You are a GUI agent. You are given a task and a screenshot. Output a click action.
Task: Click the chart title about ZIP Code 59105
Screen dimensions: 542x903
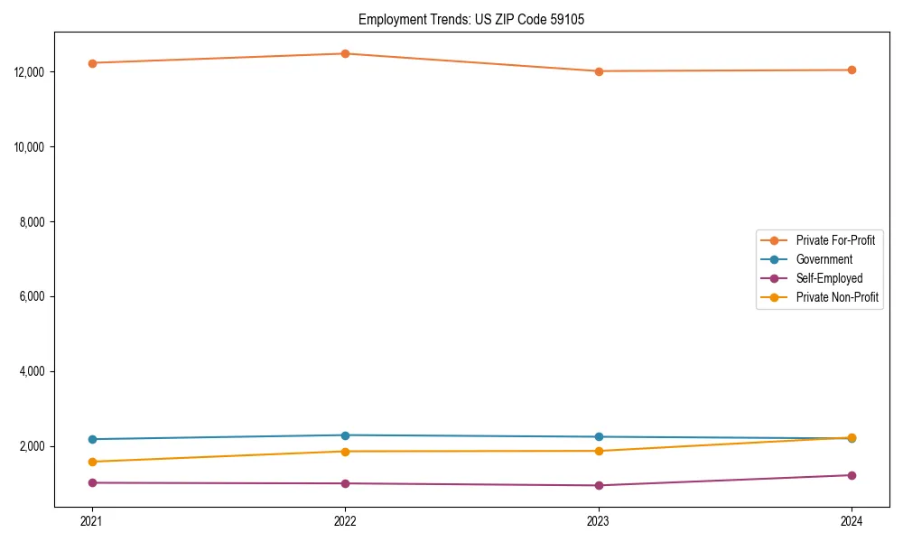[470, 19]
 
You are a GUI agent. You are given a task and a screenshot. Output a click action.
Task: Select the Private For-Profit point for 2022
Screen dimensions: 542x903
[345, 53]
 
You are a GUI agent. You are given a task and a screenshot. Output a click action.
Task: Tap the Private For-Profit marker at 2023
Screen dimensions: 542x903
[598, 71]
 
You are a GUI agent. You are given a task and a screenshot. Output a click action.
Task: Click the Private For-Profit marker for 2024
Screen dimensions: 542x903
[852, 70]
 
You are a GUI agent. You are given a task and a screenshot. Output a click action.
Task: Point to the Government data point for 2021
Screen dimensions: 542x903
[91, 439]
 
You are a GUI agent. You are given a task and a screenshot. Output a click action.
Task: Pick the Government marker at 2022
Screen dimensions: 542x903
[345, 435]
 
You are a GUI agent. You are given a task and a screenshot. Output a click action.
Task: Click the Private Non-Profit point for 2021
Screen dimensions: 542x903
[91, 462]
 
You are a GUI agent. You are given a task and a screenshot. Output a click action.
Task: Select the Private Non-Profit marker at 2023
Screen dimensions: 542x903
[598, 451]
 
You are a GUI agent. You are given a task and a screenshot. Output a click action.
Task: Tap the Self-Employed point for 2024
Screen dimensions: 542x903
[852, 475]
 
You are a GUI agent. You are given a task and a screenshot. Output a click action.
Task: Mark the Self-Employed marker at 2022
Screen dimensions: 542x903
[345, 483]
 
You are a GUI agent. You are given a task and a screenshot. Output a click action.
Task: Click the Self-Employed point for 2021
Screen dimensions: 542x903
[91, 482]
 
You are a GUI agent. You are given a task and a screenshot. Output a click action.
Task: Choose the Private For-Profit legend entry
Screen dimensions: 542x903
[835, 240]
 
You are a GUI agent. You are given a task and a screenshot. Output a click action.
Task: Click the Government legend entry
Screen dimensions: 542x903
[824, 259]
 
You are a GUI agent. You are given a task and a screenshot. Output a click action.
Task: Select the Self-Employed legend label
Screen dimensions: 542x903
[829, 278]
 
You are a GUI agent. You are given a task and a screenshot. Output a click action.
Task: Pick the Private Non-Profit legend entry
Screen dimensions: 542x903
[837, 297]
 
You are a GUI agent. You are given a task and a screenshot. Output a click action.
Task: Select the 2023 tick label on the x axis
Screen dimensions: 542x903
[598, 520]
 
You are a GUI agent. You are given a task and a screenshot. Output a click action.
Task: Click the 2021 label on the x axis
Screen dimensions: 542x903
[91, 520]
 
